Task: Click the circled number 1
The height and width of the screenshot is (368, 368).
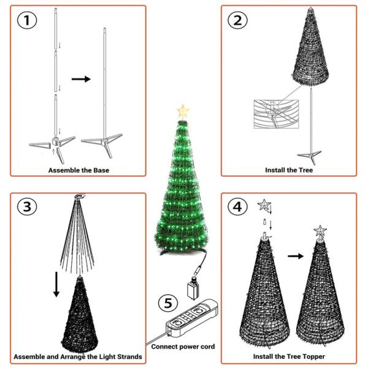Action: [x=27, y=20]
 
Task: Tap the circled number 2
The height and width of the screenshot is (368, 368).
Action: [x=237, y=20]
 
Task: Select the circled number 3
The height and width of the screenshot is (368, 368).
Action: [x=27, y=207]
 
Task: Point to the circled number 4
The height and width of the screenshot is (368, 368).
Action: [x=237, y=207]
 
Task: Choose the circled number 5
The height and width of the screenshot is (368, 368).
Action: [x=168, y=303]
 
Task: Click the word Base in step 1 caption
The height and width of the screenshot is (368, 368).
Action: [x=101, y=170]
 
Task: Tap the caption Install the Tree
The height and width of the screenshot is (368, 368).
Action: [x=289, y=170]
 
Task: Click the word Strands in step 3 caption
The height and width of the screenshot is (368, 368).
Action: [x=129, y=356]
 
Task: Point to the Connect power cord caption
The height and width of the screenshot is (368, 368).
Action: [x=183, y=347]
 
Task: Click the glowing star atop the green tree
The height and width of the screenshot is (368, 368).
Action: [x=183, y=111]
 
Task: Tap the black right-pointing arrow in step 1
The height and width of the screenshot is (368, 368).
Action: [x=81, y=79]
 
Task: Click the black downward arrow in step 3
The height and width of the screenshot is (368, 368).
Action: [x=56, y=284]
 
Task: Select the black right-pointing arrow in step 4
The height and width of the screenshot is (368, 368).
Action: [x=296, y=256]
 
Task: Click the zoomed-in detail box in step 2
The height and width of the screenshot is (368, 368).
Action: [x=276, y=114]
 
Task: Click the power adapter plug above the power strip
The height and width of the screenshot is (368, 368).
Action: [x=193, y=288]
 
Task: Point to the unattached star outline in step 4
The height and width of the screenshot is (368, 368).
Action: [x=264, y=205]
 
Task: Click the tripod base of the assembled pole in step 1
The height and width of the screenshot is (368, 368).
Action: [x=102, y=143]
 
